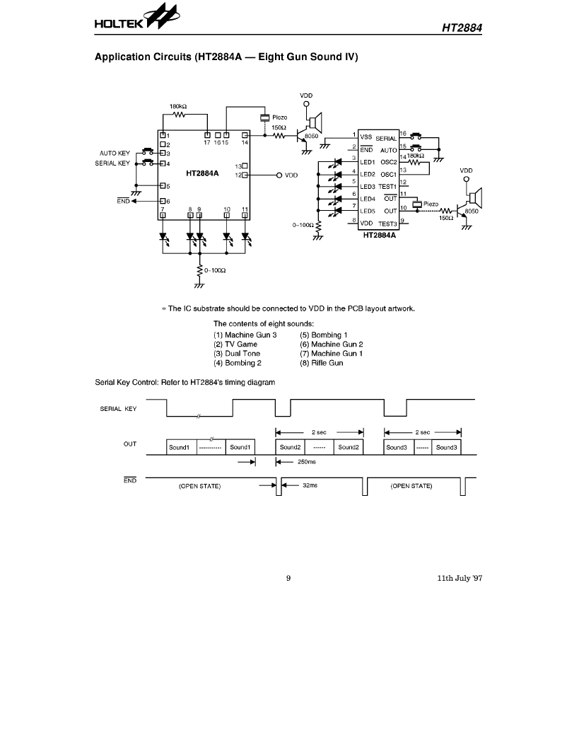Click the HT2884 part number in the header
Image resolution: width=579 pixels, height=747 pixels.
tap(462, 28)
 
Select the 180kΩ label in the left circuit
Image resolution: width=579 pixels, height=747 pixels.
tap(178, 106)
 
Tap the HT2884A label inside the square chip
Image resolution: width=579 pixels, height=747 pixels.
tap(202, 173)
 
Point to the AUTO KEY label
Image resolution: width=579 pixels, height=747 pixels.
tap(115, 154)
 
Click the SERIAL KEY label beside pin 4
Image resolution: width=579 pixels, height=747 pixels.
tap(112, 163)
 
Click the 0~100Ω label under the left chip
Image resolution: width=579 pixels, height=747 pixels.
tap(215, 271)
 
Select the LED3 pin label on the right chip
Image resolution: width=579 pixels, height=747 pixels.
tap(368, 187)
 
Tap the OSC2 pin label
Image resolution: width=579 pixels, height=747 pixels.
tap(389, 162)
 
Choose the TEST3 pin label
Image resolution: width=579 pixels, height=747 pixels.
tap(387, 224)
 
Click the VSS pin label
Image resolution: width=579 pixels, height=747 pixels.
tap(366, 137)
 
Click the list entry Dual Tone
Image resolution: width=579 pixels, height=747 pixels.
tap(237, 354)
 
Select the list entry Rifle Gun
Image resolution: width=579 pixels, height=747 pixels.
tap(322, 363)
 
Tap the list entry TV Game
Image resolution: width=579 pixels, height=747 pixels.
tap(235, 344)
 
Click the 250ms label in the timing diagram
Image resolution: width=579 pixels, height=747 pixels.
tap(307, 462)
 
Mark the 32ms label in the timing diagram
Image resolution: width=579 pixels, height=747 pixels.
tap(310, 485)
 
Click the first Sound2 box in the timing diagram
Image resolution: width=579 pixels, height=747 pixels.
tap(291, 447)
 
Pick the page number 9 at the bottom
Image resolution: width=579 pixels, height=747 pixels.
tap(288, 579)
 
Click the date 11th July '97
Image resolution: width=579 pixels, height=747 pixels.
tap(460, 579)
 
